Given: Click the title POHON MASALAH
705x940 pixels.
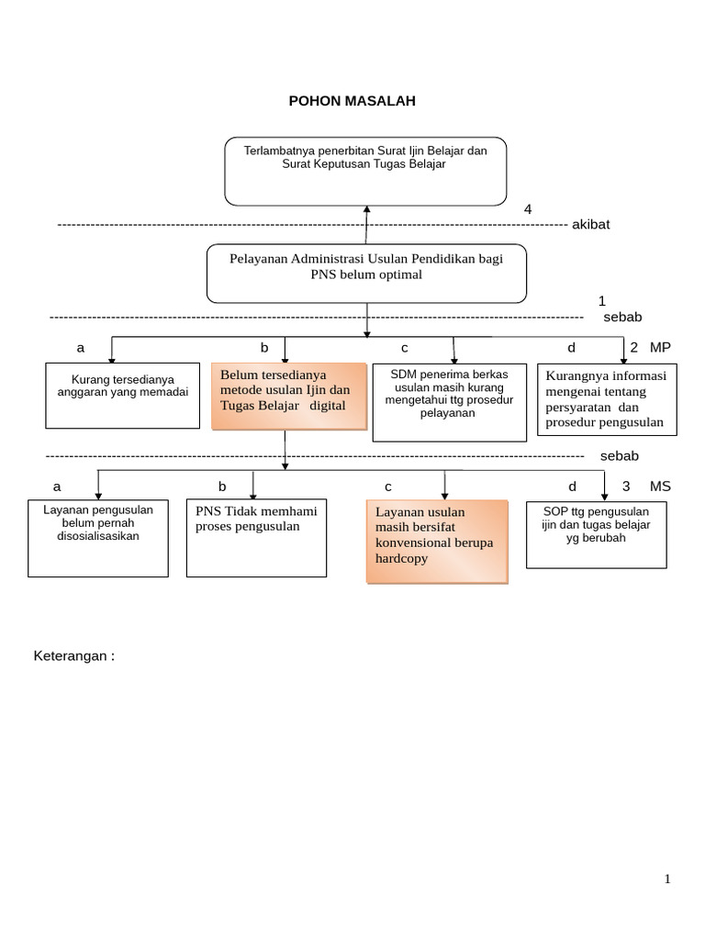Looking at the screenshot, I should pos(352,101).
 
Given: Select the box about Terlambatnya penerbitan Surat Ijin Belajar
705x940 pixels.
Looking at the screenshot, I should pos(365,171).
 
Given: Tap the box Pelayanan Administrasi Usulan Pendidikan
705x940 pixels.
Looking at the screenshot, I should pos(366,273).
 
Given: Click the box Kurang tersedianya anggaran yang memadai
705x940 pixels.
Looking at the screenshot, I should pos(123,395).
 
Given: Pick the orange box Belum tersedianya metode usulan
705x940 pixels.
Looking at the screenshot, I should pos(285,397).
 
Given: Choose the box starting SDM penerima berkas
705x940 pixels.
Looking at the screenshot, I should pos(449,402).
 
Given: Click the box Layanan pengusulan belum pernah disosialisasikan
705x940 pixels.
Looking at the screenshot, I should pos(98,538).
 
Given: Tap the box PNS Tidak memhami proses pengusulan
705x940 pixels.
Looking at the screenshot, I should pos(256,538).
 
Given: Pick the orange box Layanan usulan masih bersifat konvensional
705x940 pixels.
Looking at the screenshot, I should pos(436,542).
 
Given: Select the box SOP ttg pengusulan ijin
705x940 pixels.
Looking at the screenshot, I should pos(596,534).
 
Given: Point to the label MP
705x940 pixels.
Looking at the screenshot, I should pos(661,347).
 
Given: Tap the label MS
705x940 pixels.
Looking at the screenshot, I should pos(660,487).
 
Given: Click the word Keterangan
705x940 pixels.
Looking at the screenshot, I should pos(73,656).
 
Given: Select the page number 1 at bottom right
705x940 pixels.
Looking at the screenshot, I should pos(667,879).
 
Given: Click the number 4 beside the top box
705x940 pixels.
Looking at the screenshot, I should pos(528,209).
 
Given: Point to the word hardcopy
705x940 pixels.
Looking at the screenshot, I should pos(402,558).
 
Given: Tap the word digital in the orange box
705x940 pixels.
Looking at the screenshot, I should pos(328,405).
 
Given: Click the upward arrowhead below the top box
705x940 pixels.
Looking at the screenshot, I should pos(366,210).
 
